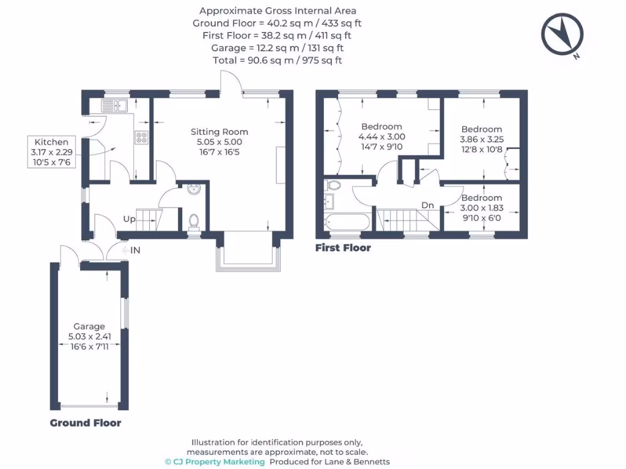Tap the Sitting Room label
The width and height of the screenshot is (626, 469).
219,131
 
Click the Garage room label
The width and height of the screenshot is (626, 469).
89,326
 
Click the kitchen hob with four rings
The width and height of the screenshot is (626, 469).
141,138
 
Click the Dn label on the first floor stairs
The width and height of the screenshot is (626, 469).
427,206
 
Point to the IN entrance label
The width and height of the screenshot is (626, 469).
134,250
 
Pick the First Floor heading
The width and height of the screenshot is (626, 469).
343,248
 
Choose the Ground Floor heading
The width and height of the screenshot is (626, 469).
85,423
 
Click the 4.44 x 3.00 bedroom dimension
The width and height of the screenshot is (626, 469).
381,137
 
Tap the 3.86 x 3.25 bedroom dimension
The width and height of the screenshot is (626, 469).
482,139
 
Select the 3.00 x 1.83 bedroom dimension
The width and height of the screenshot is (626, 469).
482,208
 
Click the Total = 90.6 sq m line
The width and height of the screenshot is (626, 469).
278,60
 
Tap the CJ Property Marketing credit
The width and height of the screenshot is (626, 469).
215,462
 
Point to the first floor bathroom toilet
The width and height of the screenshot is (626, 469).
334,184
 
